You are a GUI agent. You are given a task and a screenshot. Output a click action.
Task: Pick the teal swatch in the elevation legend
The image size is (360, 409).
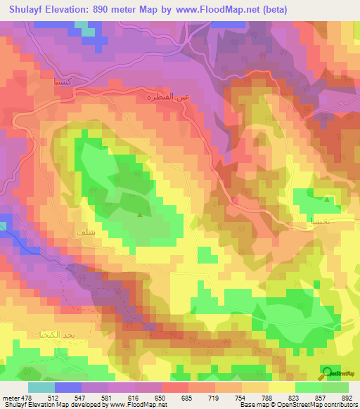coord(41,387)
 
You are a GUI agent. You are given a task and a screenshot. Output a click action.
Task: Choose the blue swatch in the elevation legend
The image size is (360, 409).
coord(68,387)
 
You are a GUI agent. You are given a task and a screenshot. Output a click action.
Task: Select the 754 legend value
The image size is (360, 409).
coord(240,397)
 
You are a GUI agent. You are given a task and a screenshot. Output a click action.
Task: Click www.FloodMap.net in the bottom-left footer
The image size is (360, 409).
coord(132,405)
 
